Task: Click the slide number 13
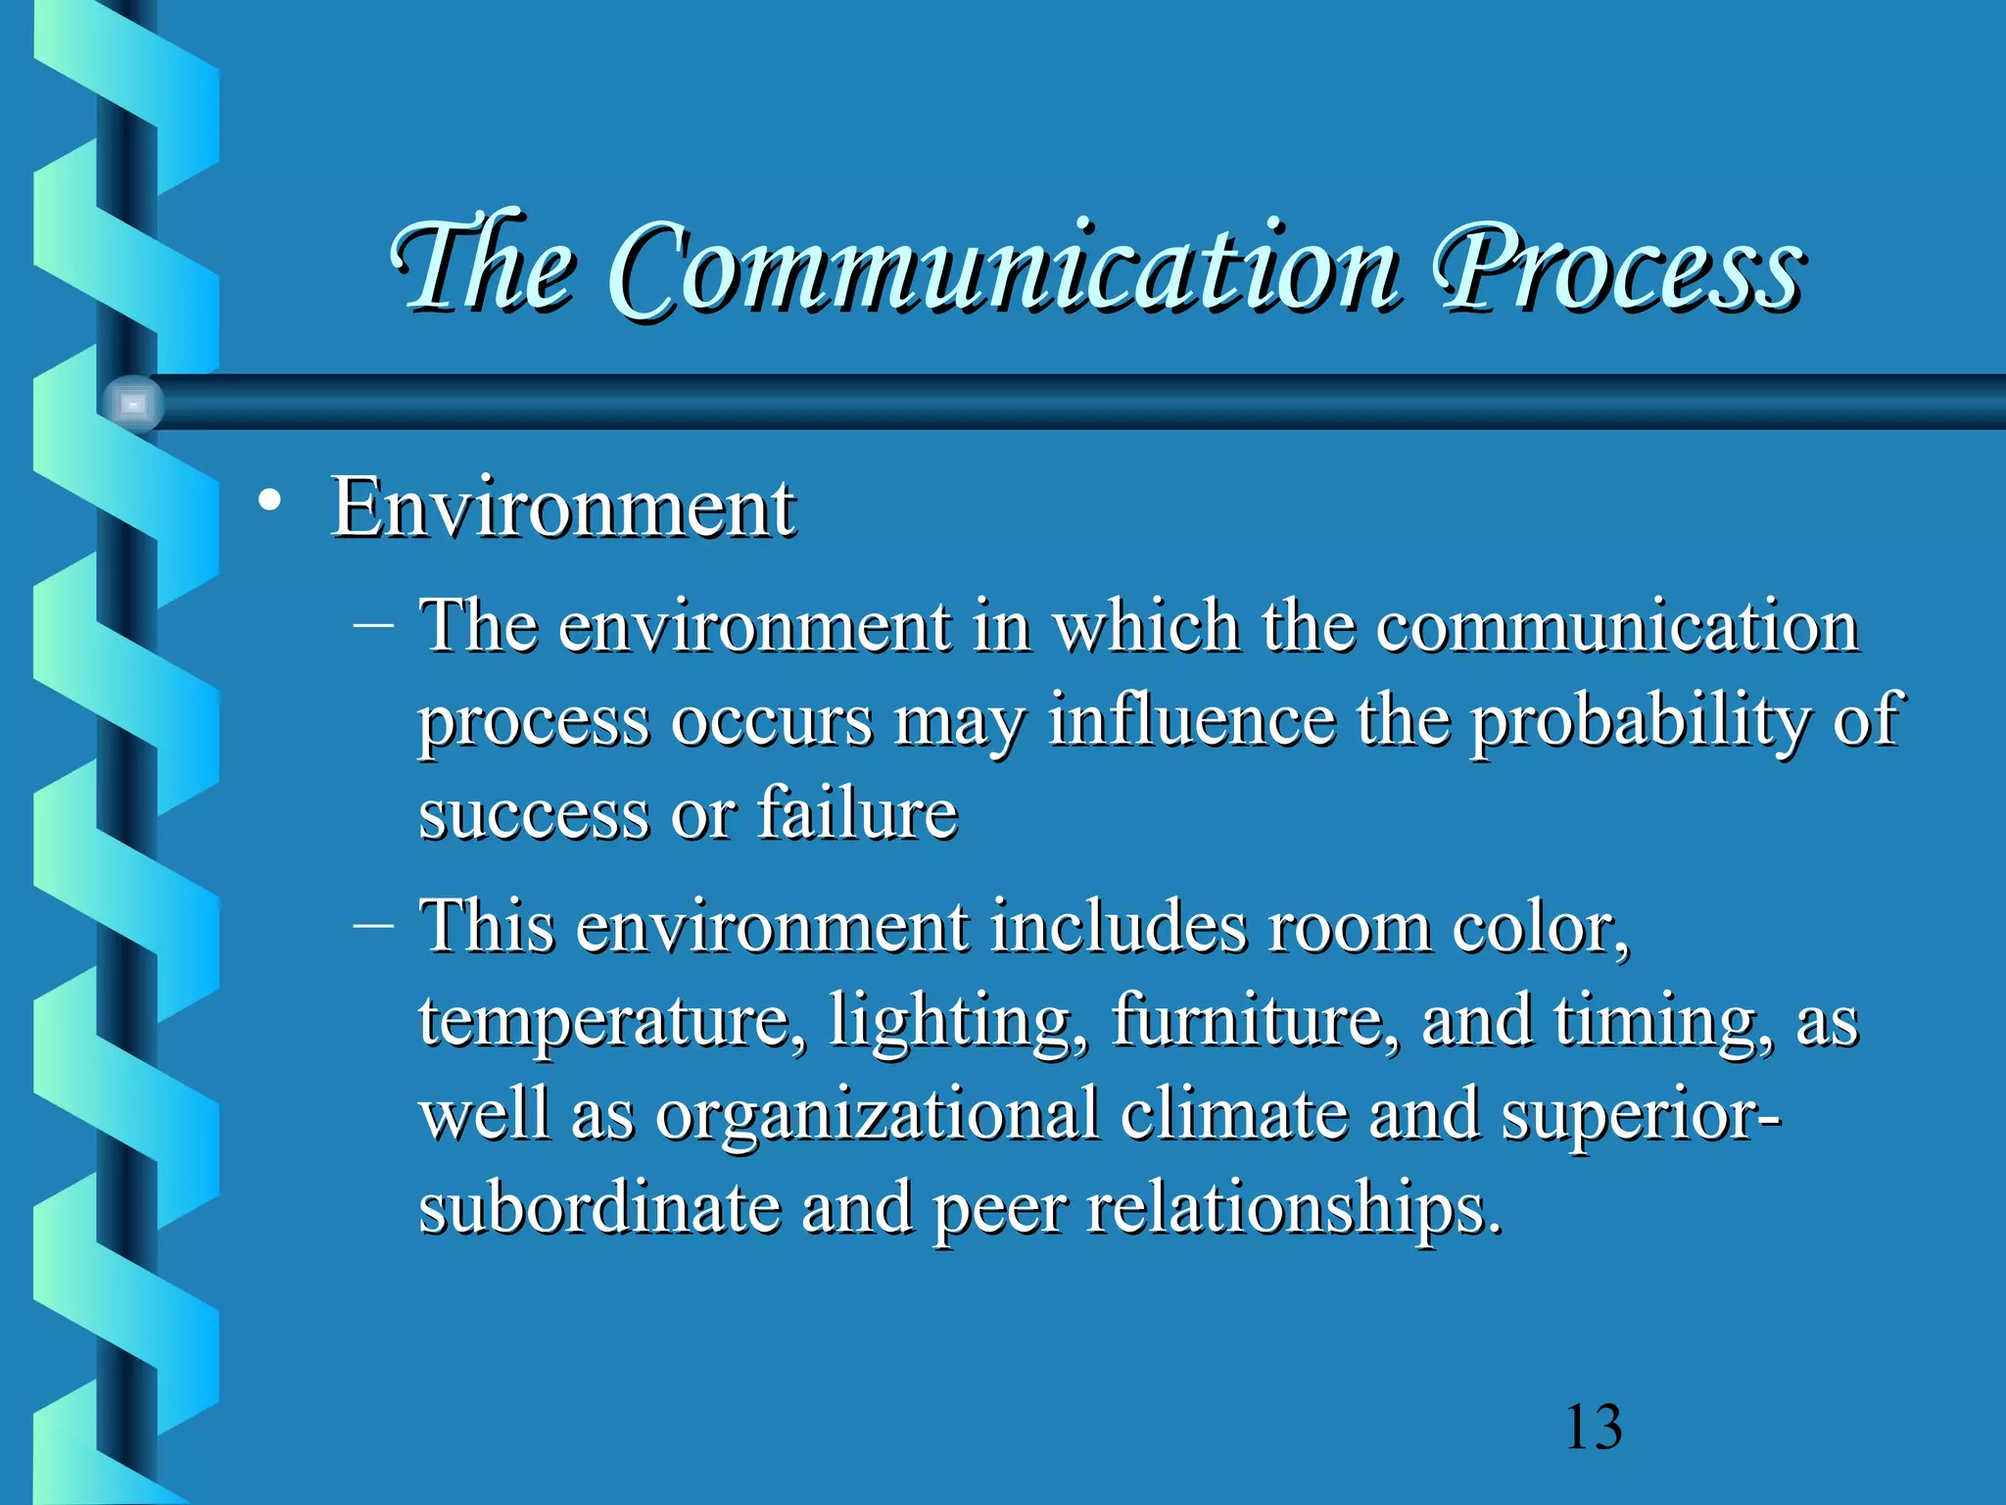(1594, 1427)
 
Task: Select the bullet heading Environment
(563, 507)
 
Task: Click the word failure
(857, 812)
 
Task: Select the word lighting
(959, 1022)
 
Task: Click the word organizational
(877, 1116)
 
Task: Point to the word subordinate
(598, 1207)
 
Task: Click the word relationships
(1293, 1207)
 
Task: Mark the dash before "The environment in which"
(373, 624)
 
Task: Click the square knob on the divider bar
(133, 404)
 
